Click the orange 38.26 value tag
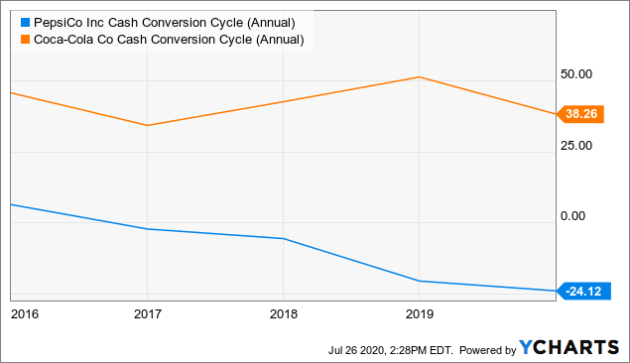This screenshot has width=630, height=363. (x=579, y=114)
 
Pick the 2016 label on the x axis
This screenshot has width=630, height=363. (x=23, y=314)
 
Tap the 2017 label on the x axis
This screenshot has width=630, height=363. (x=147, y=314)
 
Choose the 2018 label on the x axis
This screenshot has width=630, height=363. (x=283, y=314)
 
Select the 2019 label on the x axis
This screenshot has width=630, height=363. (x=419, y=314)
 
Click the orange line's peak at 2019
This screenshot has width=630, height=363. (x=419, y=77)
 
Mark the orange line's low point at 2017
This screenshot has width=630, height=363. (x=147, y=125)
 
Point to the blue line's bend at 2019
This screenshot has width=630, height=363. (x=419, y=282)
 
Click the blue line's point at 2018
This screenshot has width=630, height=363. (x=283, y=239)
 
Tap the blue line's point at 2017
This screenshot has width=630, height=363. (x=147, y=229)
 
